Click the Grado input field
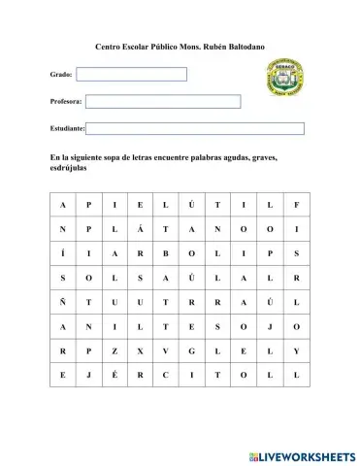coord(132,74)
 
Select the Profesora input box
coord(163,101)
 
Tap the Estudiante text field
coord(196,128)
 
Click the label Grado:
coord(60,75)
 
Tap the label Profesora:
coord(66,101)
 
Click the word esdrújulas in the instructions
coord(68,168)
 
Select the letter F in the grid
coord(296,205)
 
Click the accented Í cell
coord(62,253)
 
